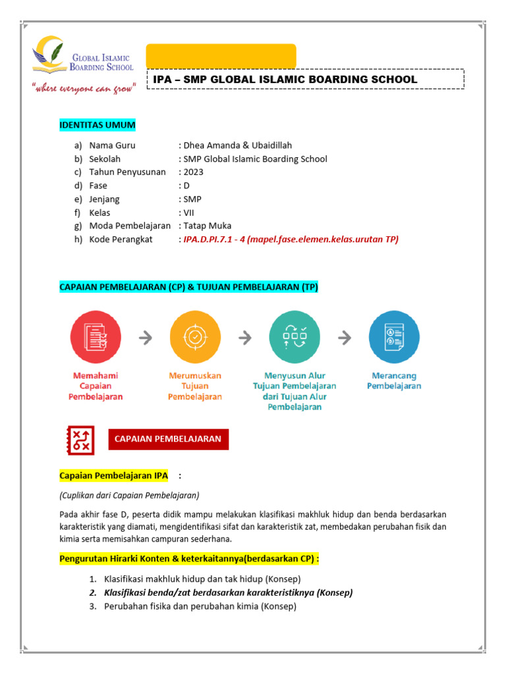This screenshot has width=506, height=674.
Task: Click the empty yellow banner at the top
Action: coord(221,55)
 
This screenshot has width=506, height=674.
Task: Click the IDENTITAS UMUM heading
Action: coord(98,125)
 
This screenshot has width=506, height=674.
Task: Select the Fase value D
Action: coord(186,186)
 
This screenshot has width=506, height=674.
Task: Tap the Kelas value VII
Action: coord(189,213)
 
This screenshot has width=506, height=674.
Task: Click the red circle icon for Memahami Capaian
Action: coord(96,337)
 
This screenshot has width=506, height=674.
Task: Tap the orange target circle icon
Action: coord(195,337)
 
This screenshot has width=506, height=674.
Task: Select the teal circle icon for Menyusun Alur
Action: coord(295,337)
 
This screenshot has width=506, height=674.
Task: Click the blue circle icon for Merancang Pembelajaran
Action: coord(394,337)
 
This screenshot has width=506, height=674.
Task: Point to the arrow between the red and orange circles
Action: coord(146,338)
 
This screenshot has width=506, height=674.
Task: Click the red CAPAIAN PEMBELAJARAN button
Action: coord(169,439)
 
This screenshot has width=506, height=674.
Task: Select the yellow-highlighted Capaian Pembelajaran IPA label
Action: coord(114,475)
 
